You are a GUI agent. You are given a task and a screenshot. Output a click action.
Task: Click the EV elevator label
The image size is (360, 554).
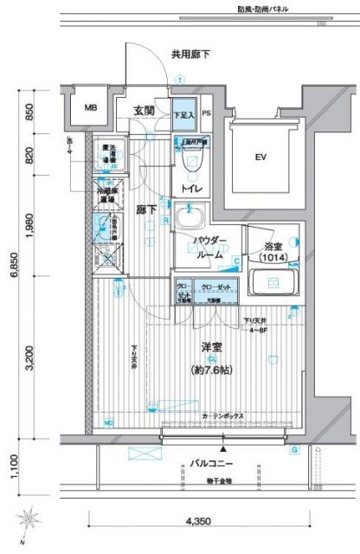[x=259, y=158]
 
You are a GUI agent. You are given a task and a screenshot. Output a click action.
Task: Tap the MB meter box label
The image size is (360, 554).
[x=90, y=108]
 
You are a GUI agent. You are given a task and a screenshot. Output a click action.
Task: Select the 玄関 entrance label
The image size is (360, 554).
[x=145, y=110]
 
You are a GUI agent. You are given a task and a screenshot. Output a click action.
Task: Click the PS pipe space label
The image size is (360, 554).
[x=207, y=113]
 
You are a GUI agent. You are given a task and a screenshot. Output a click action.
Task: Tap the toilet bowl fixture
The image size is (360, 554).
[x=192, y=159]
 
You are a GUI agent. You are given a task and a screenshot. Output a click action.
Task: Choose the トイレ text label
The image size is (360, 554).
[x=191, y=187]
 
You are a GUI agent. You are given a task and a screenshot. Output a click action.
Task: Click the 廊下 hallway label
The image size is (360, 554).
[x=146, y=209]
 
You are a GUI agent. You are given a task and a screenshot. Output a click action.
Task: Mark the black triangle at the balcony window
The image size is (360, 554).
[x=223, y=449]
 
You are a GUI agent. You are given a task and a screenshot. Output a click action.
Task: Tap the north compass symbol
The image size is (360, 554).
[x=31, y=519]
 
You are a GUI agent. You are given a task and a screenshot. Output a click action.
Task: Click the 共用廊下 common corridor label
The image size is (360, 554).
[x=190, y=55]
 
